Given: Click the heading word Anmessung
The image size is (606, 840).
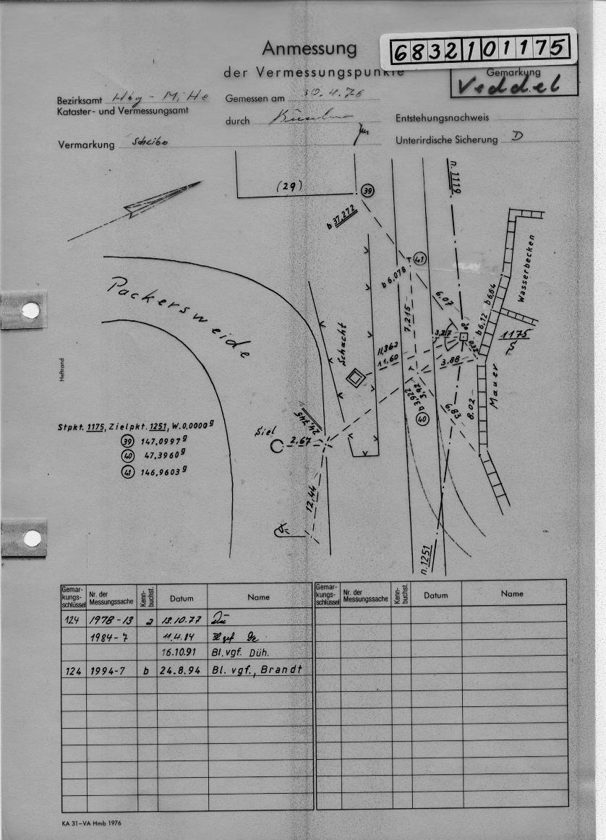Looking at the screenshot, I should pos(309,48).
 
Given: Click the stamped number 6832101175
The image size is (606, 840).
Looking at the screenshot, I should pos(478,50).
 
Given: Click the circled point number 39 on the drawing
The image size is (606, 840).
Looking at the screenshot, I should pos(367,190).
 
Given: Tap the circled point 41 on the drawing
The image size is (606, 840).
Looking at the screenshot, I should pos(421,259).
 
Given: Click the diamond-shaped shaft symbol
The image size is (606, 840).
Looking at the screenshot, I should pos(354,377).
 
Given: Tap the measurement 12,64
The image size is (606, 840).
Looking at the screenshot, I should pos(312,498).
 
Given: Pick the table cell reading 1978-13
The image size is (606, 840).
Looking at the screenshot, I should pos(111,620).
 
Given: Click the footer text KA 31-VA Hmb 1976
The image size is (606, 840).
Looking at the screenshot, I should pos(93,824).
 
